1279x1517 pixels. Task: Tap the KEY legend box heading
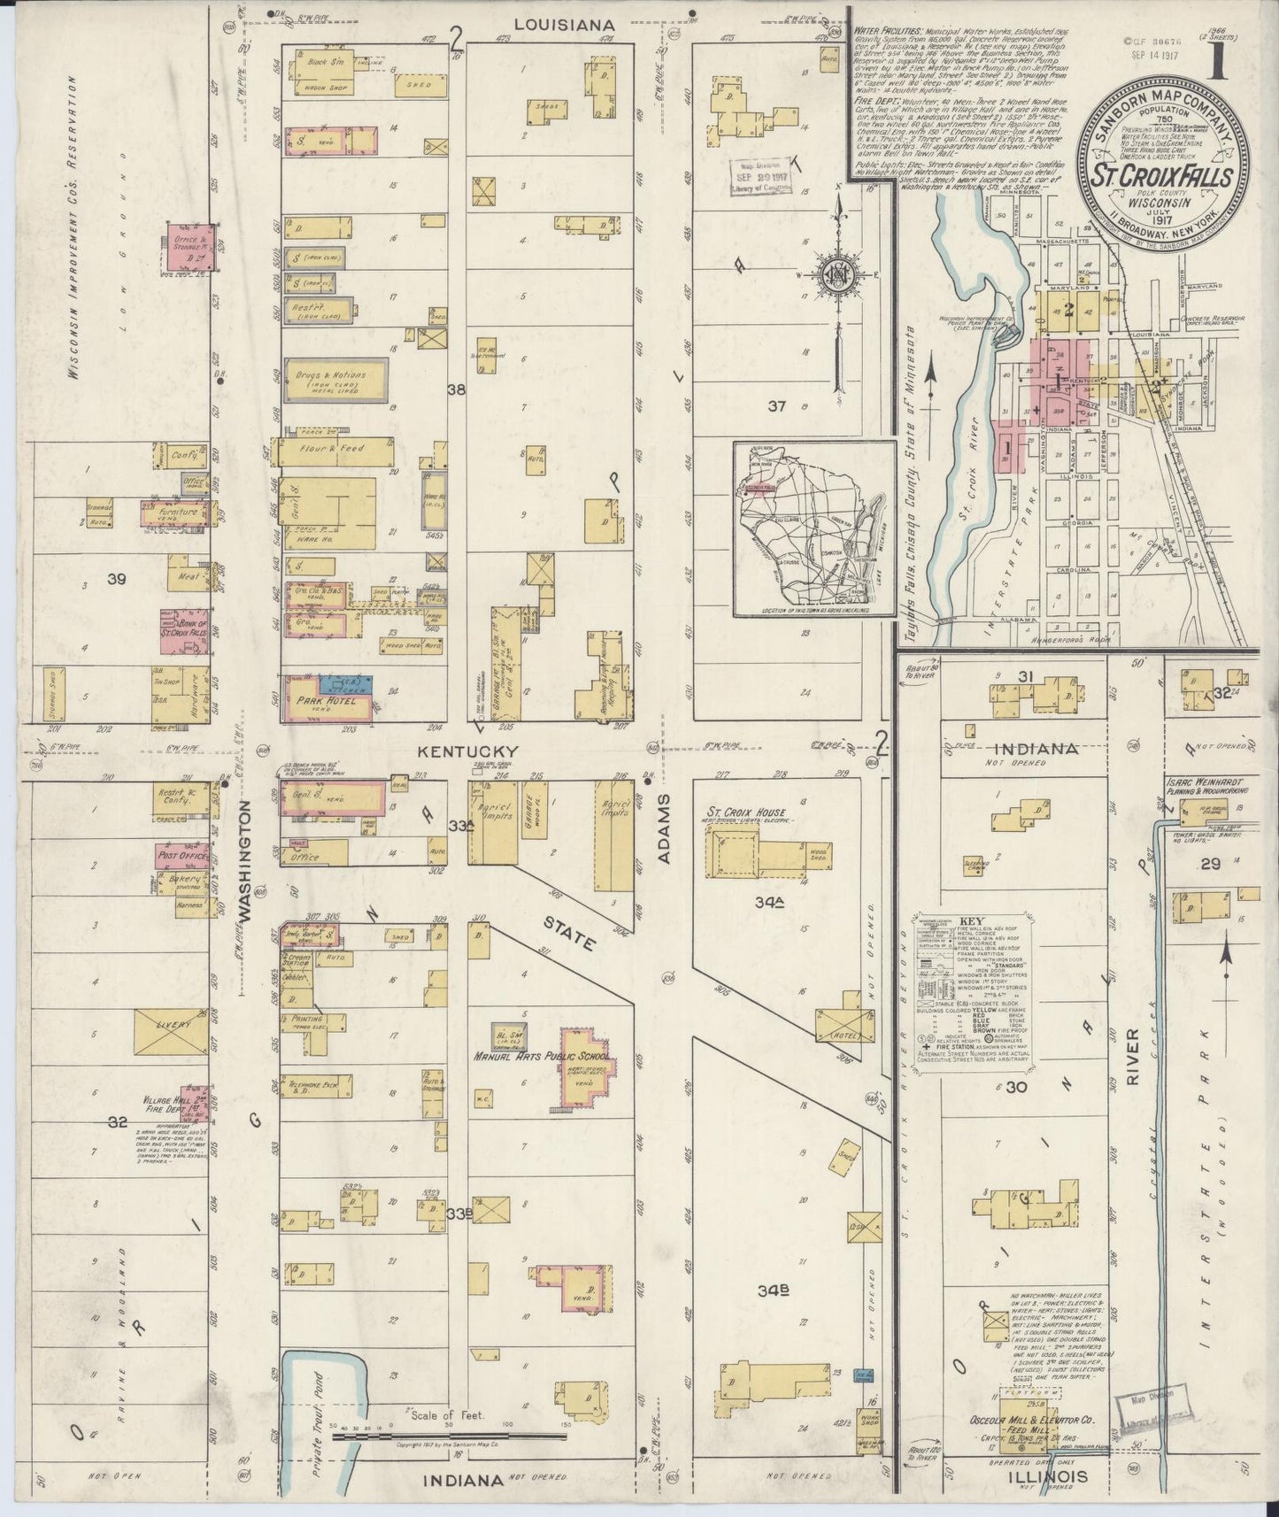pos(967,921)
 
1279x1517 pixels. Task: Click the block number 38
pos(456,389)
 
